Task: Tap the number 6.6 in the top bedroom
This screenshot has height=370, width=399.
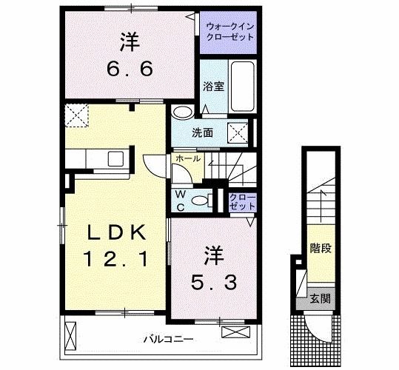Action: point(127,69)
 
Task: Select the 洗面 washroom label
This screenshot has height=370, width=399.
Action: point(203,134)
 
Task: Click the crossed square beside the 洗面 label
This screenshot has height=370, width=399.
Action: point(237,134)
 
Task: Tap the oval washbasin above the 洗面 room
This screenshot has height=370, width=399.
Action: point(181,112)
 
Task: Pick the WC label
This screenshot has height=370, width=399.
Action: point(180,200)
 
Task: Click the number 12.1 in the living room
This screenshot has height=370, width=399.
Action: point(118,260)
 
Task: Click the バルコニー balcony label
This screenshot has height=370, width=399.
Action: point(168,340)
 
